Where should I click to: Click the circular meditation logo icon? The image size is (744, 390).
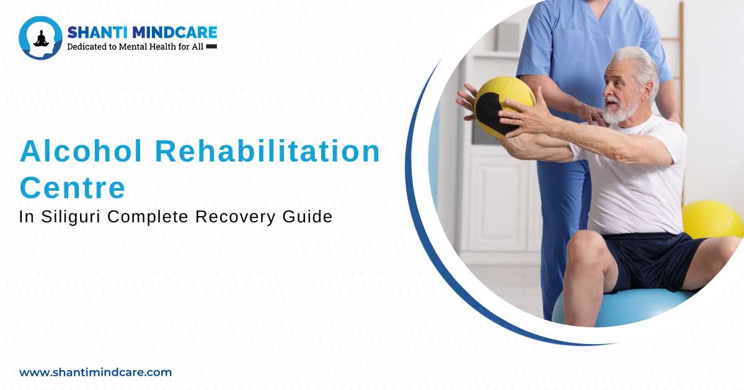tap(41, 38)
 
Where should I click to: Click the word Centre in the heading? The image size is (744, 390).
tap(73, 187)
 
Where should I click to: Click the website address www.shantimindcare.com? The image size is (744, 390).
tap(95, 373)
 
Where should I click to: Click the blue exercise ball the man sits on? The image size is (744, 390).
tap(620, 307)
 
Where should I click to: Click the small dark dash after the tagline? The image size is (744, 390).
tap(211, 47)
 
